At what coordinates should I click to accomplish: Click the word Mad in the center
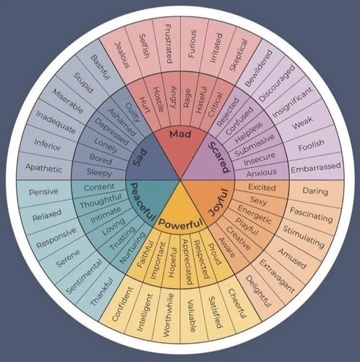coord(180,133)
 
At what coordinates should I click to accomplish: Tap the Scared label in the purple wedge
coord(218,157)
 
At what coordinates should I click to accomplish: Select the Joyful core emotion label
coord(219,202)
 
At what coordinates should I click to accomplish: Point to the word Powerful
coord(180,225)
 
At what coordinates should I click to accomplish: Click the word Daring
coord(315,191)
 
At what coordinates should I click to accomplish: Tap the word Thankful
coord(101,292)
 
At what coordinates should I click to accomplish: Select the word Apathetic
coord(43,169)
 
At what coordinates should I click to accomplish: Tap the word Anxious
coord(261,172)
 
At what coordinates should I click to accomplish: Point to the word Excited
coord(262,187)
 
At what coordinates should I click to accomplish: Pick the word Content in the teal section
coord(100,187)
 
